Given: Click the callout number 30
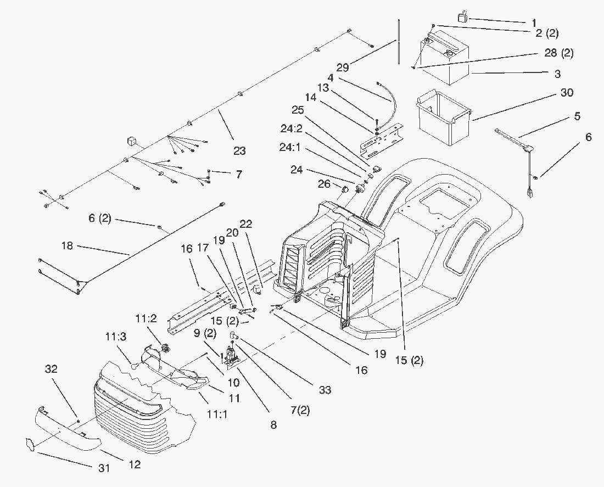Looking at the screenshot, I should [x=566, y=93].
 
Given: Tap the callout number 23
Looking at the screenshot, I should [x=239, y=151].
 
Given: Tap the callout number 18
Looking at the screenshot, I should [x=68, y=245].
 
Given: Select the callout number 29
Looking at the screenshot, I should [x=342, y=67].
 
